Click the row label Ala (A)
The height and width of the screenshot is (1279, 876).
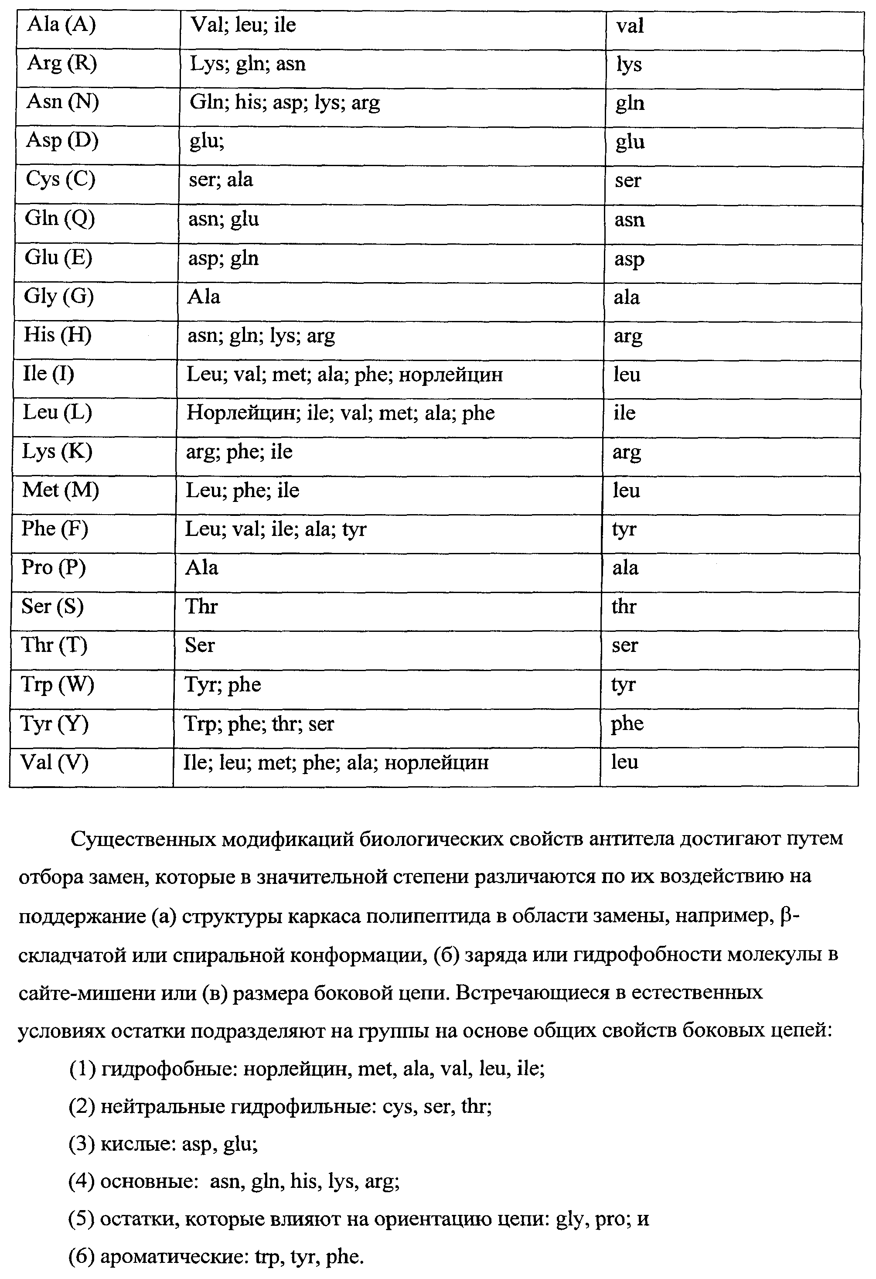pyautogui.click(x=61, y=25)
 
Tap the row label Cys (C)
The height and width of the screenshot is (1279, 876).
pyautogui.click(x=61, y=179)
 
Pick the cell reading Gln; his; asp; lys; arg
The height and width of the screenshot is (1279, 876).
pyautogui.click(x=284, y=102)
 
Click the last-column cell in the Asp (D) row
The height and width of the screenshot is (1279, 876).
pyautogui.click(x=630, y=142)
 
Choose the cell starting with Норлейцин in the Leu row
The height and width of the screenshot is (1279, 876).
pyautogui.click(x=340, y=413)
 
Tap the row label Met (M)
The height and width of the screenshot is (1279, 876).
pyautogui.click(x=60, y=490)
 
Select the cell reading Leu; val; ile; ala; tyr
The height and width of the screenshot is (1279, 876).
pyautogui.click(x=276, y=529)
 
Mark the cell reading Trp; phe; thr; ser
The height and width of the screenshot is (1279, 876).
pyautogui.click(x=259, y=724)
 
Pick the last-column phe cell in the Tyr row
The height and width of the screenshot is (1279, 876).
pyautogui.click(x=627, y=724)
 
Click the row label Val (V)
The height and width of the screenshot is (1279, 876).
pyautogui.click(x=55, y=762)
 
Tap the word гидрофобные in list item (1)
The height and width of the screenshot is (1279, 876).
pyautogui.click(x=168, y=1069)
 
